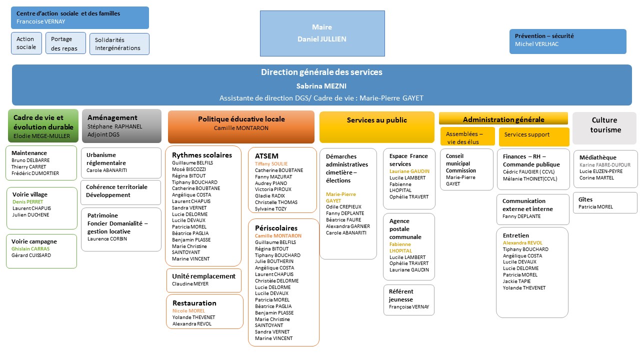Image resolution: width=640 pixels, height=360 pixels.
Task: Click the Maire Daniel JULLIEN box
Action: (x=322, y=33)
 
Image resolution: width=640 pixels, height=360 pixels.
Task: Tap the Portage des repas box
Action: (x=65, y=43)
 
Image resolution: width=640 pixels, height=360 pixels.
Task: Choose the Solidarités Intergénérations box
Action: (x=119, y=44)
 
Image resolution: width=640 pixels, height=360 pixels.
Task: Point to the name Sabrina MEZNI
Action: (x=321, y=85)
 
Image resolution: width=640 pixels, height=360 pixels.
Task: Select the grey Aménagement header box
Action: (x=121, y=125)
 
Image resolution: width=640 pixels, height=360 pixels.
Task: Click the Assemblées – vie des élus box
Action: (x=467, y=136)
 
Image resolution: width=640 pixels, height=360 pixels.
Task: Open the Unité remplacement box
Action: (x=204, y=279)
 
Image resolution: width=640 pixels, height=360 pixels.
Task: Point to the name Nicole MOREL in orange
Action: (x=188, y=311)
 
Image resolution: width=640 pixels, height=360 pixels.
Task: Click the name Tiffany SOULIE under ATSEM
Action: (x=271, y=164)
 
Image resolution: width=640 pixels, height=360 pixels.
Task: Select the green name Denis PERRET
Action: (x=28, y=202)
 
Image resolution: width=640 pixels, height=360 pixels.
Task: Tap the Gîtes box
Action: (x=605, y=202)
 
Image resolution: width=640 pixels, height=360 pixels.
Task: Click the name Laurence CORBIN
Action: (x=107, y=239)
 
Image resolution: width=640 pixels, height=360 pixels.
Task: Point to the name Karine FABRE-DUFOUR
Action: (x=604, y=165)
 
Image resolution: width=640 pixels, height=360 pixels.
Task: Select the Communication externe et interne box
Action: (x=533, y=209)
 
